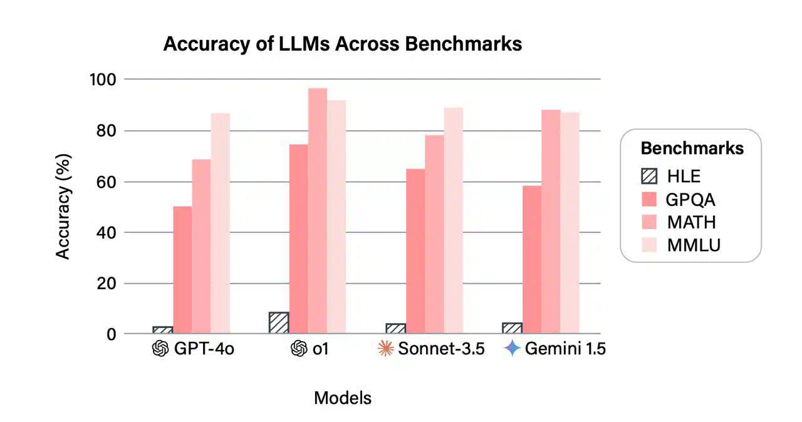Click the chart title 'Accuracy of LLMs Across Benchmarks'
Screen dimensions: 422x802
click(342, 44)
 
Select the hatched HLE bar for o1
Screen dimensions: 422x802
click(279, 323)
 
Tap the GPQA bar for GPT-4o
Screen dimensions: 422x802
click(182, 270)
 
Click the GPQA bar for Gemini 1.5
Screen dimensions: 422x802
click(532, 260)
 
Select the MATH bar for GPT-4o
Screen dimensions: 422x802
click(201, 247)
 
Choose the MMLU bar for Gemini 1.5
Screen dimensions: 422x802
click(570, 223)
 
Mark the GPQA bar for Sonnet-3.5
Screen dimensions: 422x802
click(415, 251)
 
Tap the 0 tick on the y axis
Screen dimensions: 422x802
click(112, 334)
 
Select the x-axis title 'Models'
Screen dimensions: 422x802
click(343, 398)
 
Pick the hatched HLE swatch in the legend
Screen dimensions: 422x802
click(649, 177)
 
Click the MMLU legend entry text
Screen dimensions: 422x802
click(694, 245)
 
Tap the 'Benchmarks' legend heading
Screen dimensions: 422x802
click(692, 148)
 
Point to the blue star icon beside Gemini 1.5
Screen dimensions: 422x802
click(513, 349)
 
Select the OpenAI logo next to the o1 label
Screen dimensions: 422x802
click(299, 349)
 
